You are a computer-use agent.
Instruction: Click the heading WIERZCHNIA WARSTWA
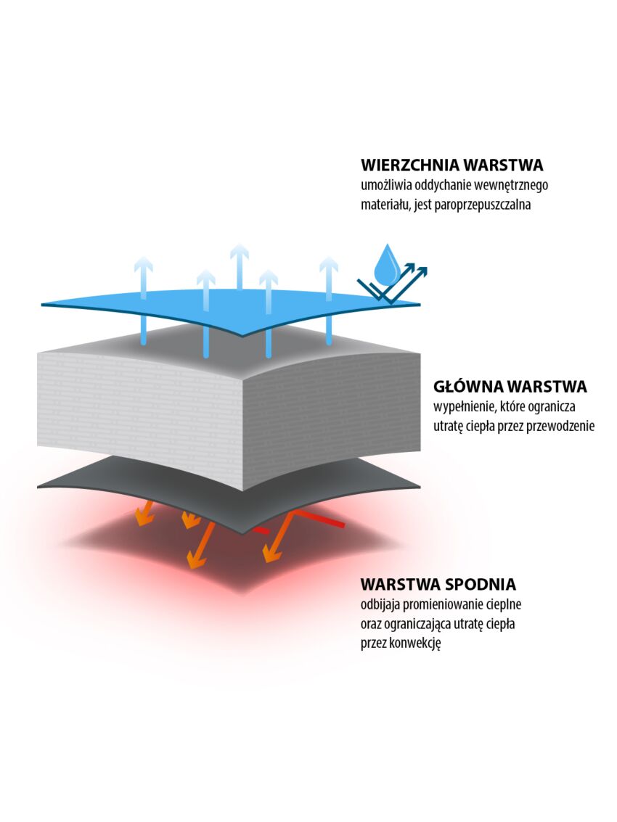451,165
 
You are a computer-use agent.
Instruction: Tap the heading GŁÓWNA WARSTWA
510,387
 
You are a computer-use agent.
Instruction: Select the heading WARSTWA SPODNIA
438,584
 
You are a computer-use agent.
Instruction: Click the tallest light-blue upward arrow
240,268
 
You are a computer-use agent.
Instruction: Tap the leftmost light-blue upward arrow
143,300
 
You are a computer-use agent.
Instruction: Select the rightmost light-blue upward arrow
329,300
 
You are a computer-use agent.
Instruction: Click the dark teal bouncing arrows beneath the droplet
393,284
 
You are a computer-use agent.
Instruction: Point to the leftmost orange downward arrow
147,513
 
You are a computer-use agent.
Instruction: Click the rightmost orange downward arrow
278,537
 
